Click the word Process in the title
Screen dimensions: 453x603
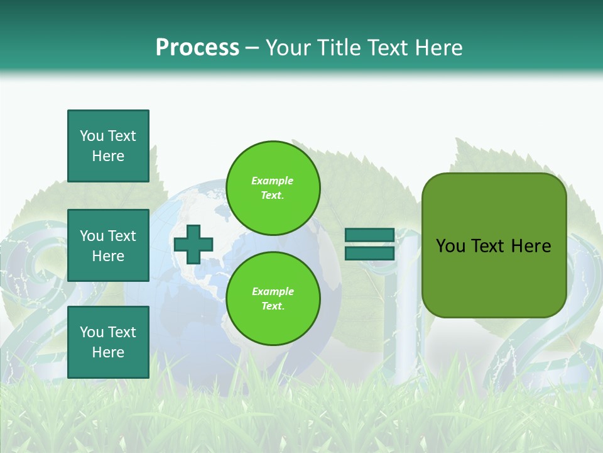pos(197,47)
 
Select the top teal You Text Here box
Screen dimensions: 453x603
pos(108,146)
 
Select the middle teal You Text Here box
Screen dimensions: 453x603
pos(108,245)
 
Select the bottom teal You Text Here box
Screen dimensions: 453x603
pos(108,342)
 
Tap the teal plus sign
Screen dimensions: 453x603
pos(193,245)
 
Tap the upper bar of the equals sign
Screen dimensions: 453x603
pos(370,235)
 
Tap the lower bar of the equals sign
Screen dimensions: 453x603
pos(370,253)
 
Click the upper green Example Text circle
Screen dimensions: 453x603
pos(273,187)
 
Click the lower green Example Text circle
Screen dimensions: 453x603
pos(273,298)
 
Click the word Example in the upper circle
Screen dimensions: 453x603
pos(273,181)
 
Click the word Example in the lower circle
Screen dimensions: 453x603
pos(273,291)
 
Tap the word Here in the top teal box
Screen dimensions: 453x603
pos(108,156)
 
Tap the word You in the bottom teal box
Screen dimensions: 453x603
pos(92,332)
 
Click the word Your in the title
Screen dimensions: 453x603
pos(288,47)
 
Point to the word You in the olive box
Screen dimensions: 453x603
pos(450,246)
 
